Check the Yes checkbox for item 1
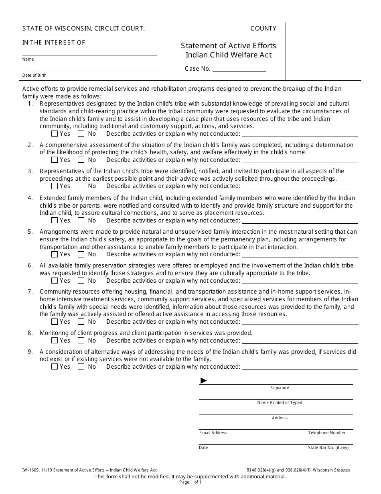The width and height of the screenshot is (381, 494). (55, 134)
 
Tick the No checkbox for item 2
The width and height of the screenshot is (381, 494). (81, 160)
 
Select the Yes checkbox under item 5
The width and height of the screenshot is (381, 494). (55, 254)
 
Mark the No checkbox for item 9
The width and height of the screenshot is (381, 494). (81, 367)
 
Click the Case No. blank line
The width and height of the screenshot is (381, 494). (239, 69)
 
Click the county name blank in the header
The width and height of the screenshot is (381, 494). (198, 29)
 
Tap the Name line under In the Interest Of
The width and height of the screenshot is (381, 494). (89, 52)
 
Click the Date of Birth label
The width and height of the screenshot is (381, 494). (34, 75)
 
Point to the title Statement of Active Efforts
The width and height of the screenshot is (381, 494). (228, 46)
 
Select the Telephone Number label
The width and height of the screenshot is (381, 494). (326, 433)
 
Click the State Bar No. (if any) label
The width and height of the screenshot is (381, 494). (328, 447)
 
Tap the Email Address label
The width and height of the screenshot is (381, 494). (213, 433)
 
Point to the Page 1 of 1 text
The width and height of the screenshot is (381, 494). (190, 482)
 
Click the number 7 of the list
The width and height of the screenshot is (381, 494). (30, 292)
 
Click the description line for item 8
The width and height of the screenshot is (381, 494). (300, 341)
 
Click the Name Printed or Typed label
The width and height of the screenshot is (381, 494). (280, 403)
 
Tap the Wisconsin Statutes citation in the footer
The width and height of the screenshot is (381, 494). (298, 470)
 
